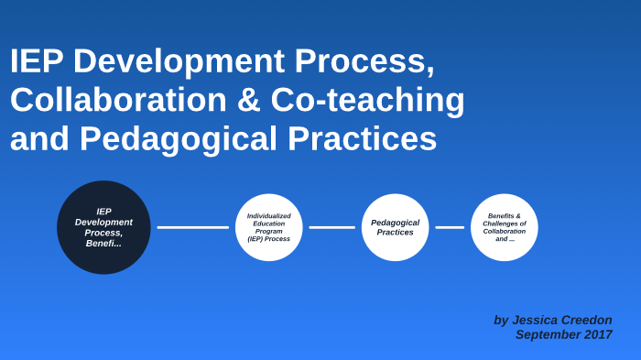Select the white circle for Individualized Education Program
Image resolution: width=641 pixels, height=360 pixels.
(268, 227)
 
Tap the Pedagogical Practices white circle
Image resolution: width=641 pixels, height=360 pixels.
(395, 227)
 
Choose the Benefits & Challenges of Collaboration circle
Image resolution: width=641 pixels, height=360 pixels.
(505, 227)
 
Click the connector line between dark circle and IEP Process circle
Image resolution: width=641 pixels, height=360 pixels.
(192, 227)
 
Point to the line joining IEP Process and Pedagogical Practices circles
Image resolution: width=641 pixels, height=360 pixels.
(331, 227)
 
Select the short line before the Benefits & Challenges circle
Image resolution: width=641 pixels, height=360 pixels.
(450, 227)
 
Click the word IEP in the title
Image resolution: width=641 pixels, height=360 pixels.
(38, 61)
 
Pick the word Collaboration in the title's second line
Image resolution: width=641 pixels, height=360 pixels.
(118, 100)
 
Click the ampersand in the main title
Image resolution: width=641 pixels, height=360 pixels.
(249, 100)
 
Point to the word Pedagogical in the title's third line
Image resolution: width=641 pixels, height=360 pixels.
(179, 139)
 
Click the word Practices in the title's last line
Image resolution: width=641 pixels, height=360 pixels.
(362, 139)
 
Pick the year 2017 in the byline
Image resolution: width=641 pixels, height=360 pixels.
(597, 334)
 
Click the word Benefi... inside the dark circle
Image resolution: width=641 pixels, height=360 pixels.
(103, 244)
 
